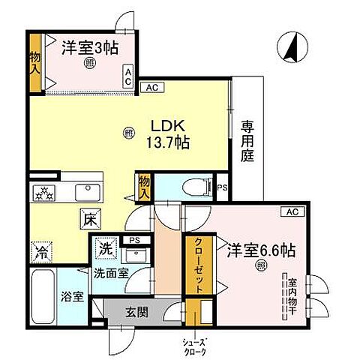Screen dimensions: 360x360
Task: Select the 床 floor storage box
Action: (x=88, y=220)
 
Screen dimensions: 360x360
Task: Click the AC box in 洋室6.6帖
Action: (x=291, y=212)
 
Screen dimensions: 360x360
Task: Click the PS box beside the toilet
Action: (x=222, y=188)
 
